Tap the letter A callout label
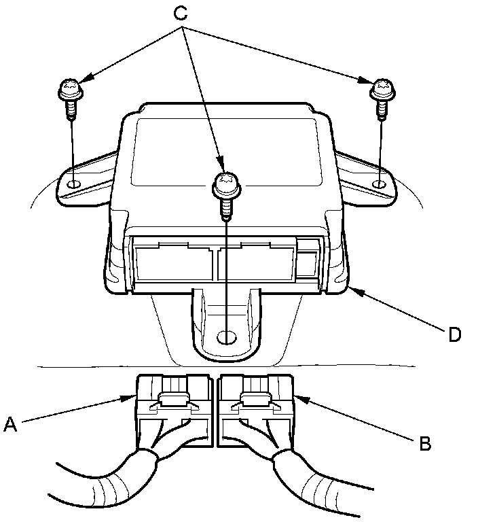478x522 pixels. point(10,424)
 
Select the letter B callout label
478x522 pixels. point(425,444)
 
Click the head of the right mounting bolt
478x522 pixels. point(381,88)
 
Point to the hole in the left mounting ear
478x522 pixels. point(75,184)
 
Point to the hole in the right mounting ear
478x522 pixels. point(381,184)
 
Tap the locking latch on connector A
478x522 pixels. point(170,403)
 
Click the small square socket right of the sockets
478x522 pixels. point(310,258)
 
